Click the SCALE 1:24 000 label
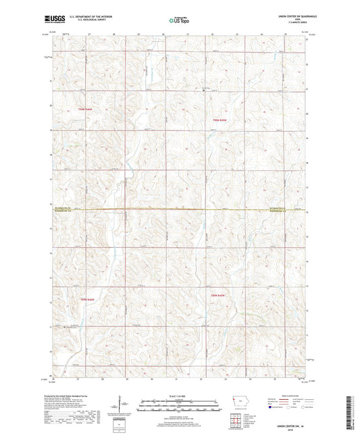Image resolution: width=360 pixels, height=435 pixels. pyautogui.click(x=180, y=396)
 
